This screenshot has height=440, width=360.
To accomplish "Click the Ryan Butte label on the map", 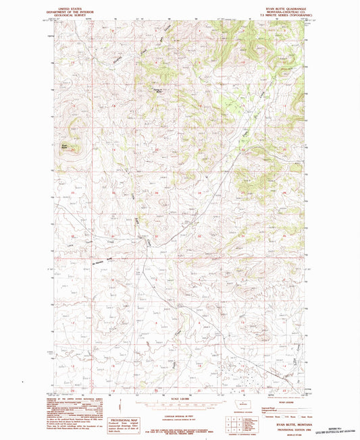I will tap(65, 144).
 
